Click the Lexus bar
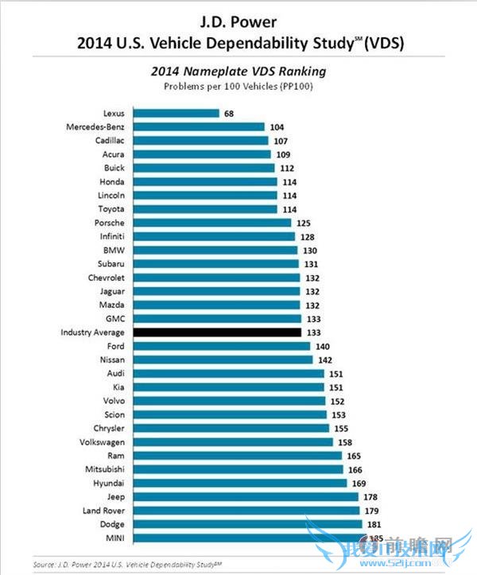(176, 113)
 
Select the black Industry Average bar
(217, 332)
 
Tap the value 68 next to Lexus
(229, 113)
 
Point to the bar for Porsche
(212, 222)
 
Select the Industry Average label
(92, 332)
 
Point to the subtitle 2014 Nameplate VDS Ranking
(238, 72)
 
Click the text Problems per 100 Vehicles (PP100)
(238, 85)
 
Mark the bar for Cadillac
(201, 140)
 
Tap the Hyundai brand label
(109, 483)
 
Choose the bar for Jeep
(246, 496)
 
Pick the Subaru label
(110, 263)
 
